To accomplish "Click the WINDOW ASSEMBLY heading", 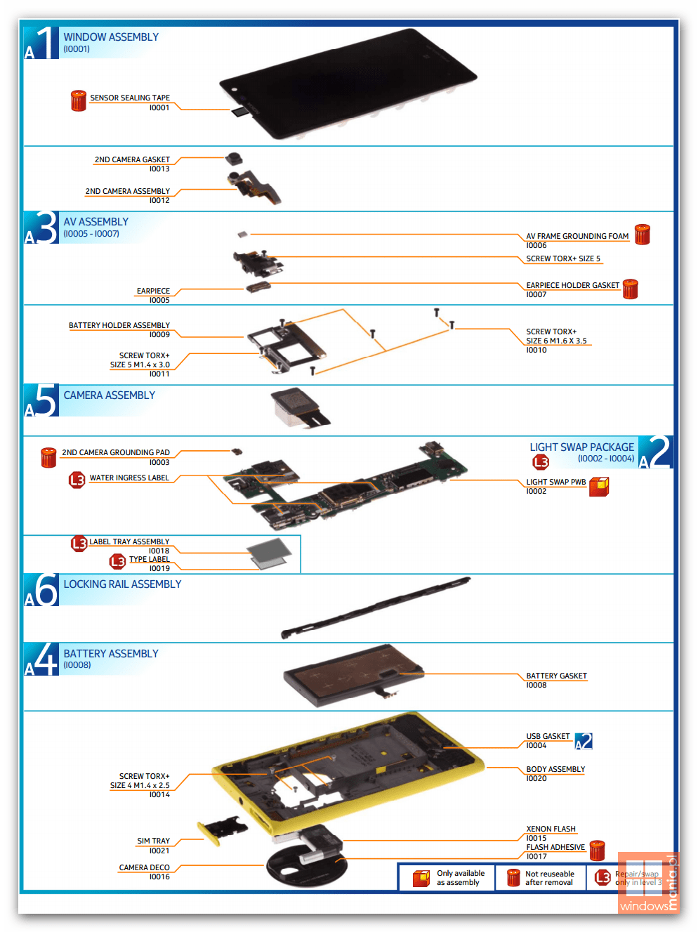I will tap(111, 37).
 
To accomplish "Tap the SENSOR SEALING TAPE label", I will tap(130, 98).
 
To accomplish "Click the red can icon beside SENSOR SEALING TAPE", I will tap(78, 100).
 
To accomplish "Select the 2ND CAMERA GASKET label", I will tap(132, 159).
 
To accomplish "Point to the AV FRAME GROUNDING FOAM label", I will tap(577, 236).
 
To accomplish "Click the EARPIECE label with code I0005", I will tap(153, 291).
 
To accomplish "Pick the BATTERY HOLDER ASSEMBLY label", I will tap(119, 325).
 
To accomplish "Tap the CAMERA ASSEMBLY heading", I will tap(109, 395).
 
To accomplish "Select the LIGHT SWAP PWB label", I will tap(555, 482).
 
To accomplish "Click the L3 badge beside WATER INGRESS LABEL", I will tap(77, 480).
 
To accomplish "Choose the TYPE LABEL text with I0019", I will tap(149, 560).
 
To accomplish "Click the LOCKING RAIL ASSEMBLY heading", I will tap(122, 584).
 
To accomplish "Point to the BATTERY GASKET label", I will tap(556, 676).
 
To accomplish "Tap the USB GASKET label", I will tap(548, 736).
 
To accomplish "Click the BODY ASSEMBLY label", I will tap(555, 769).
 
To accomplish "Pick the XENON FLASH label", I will tap(551, 829).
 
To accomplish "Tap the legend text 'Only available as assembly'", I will tap(460, 878).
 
